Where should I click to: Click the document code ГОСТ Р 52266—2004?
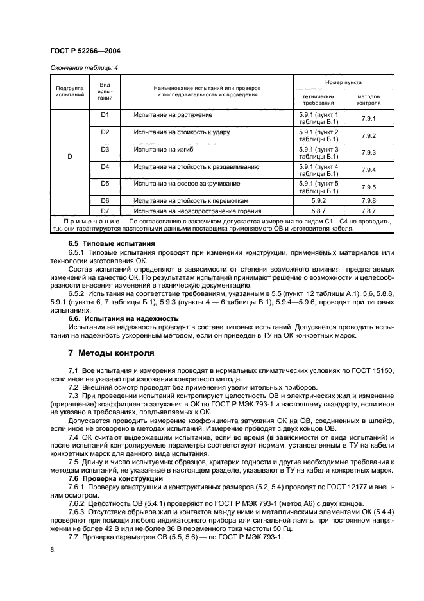84,51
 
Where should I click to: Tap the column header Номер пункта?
343,82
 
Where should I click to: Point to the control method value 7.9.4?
368,170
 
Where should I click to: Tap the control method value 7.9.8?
368,201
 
